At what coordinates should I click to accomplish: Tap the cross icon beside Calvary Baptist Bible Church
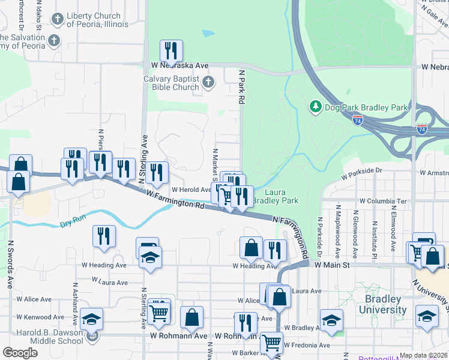(x=208, y=82)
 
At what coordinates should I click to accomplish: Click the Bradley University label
(x=382, y=304)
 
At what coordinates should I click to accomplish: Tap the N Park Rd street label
(x=242, y=87)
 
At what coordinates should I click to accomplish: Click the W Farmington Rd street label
(x=175, y=199)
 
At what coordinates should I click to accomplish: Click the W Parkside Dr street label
(x=362, y=174)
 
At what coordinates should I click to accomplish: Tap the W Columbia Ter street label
(x=383, y=201)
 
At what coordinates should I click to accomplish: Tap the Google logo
(x=20, y=353)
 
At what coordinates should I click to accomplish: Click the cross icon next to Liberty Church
(x=58, y=20)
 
